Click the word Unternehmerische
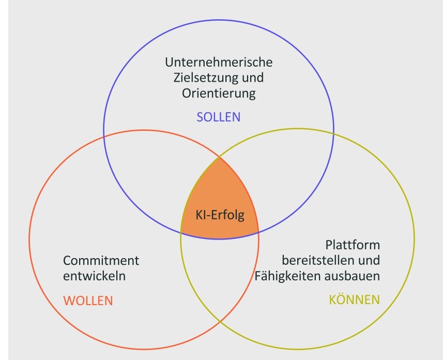click(219, 62)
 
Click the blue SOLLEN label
click(218, 117)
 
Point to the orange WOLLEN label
click(88, 300)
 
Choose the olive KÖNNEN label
click(354, 299)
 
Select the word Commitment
click(101, 260)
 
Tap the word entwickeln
click(94, 276)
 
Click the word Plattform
click(353, 244)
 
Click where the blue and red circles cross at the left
click(105, 136)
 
